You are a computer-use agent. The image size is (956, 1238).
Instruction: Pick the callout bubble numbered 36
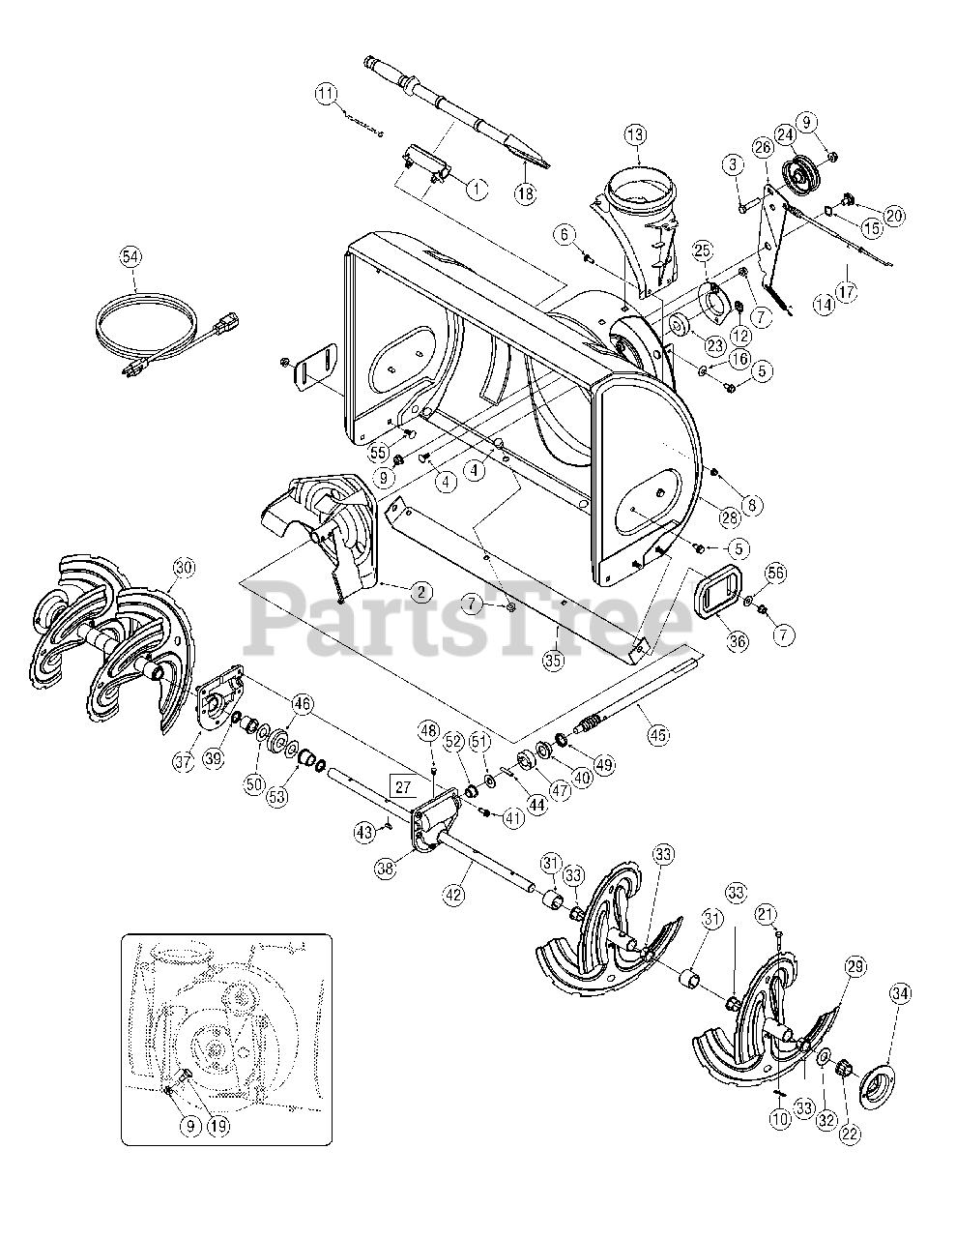(x=738, y=641)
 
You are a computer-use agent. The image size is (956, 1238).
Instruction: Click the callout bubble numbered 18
(x=524, y=193)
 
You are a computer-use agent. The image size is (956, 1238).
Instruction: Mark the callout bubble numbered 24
(x=784, y=135)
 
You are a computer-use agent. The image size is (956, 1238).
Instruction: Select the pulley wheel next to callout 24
(x=799, y=176)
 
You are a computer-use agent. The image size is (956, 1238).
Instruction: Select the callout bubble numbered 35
(x=553, y=662)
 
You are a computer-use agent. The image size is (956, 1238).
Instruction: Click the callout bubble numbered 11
(x=326, y=94)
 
